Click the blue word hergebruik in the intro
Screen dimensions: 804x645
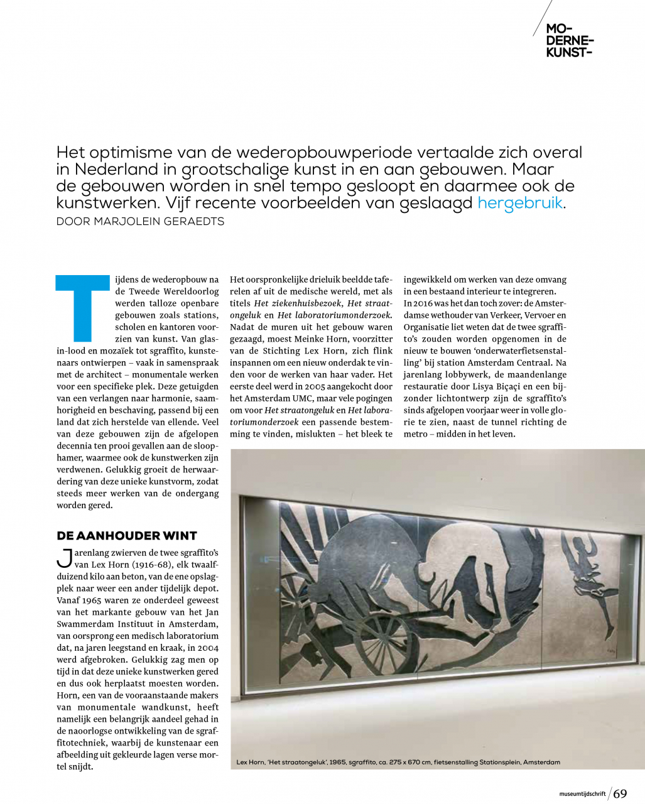pos(520,204)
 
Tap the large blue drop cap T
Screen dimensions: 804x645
pos(82,307)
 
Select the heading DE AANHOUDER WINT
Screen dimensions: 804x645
pos(127,536)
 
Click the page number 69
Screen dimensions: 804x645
pos(620,793)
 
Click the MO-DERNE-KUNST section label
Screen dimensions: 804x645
pos(568,40)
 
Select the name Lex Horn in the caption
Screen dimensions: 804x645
pos(249,763)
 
